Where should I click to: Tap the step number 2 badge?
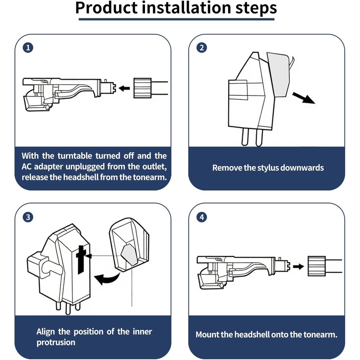(x=202, y=48)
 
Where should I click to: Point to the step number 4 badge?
(x=202, y=217)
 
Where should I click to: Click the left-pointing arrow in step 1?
(x=124, y=88)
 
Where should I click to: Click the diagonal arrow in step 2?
(x=303, y=98)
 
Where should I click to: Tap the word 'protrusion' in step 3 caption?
(x=56, y=342)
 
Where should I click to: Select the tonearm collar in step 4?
(x=316, y=266)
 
